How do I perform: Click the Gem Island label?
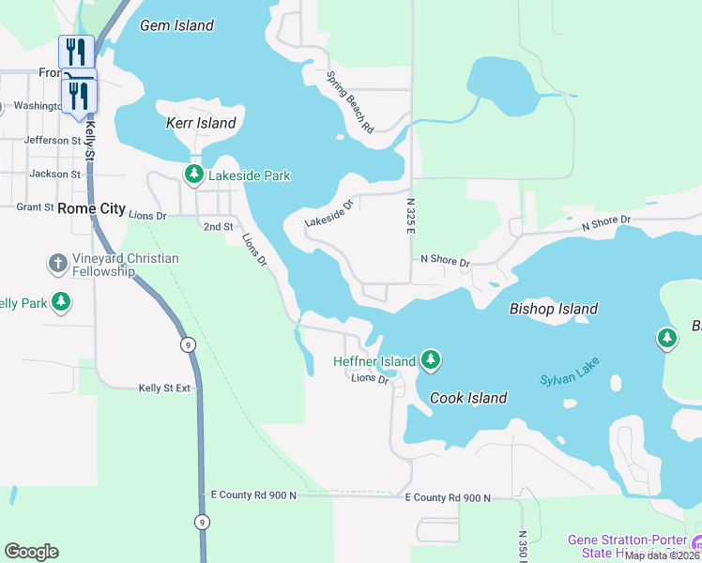coord(176,25)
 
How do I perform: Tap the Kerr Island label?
coord(201,123)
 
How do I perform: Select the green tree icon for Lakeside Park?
coord(193,174)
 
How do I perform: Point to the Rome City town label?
coord(91,208)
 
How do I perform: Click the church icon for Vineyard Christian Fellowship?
coord(57,263)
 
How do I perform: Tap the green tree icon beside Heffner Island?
coord(431,358)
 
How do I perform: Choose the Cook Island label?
coord(468,398)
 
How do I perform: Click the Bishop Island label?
coord(553,309)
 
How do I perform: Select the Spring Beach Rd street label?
coord(350,100)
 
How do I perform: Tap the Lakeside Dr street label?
coord(328,213)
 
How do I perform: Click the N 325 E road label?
coord(410,215)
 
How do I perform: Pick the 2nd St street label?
coord(218,227)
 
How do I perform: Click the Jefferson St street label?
coord(53,140)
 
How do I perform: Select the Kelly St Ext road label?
coord(164,388)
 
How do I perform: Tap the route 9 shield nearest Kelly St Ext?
coord(191,345)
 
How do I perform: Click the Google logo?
coord(31,551)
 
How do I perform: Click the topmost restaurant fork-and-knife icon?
coord(76,51)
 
